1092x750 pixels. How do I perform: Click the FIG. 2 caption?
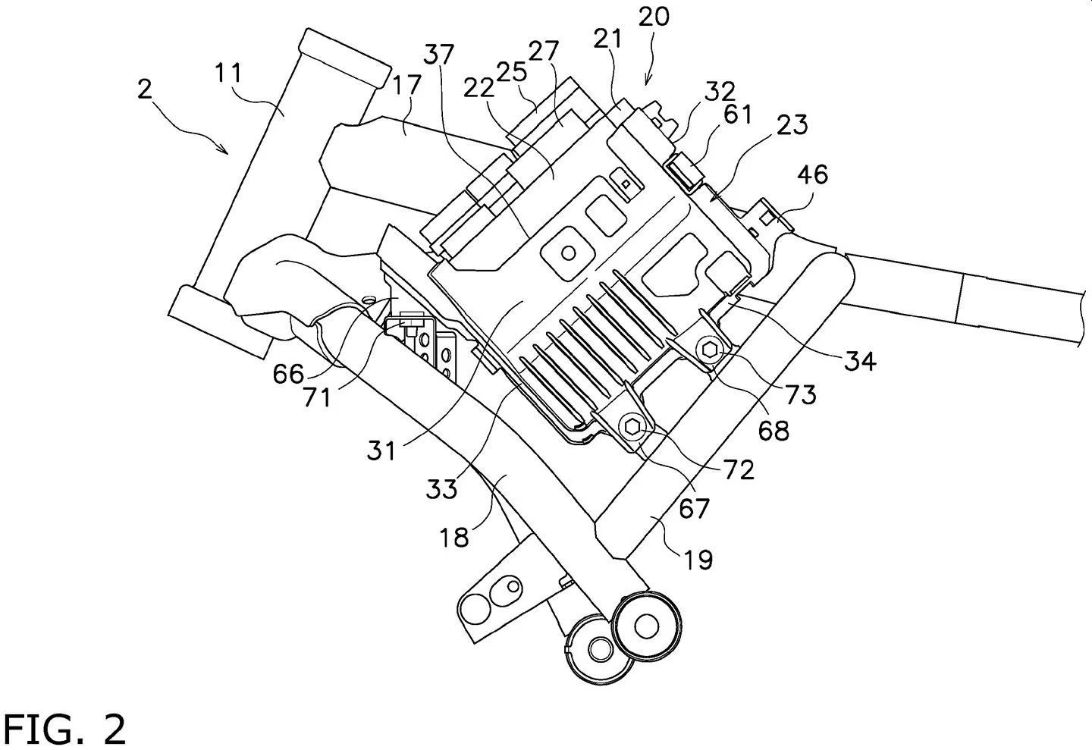(64, 730)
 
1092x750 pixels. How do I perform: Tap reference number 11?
(228, 74)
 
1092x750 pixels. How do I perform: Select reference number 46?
(813, 174)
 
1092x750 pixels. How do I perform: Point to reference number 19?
(698, 560)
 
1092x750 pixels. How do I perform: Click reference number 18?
(453, 538)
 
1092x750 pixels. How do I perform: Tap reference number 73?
(800, 394)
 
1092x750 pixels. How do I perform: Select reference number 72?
(739, 470)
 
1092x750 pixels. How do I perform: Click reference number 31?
(381, 451)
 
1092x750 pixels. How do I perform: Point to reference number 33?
(441, 488)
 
